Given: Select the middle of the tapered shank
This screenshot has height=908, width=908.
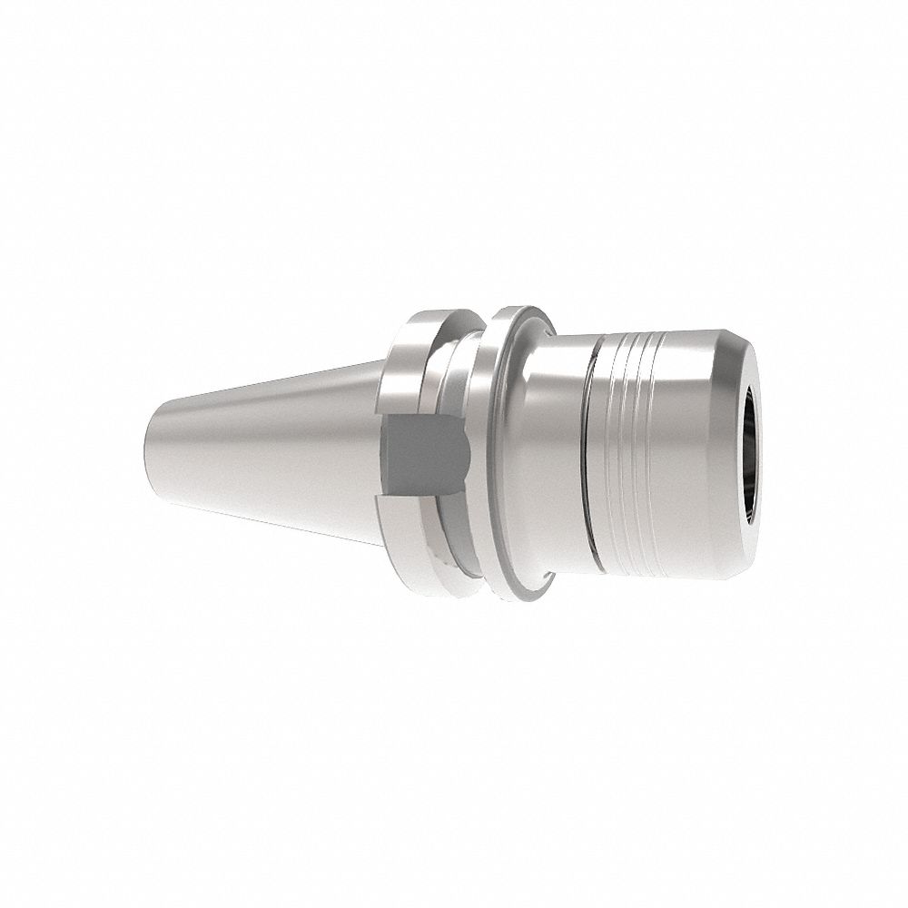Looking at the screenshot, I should [272, 445].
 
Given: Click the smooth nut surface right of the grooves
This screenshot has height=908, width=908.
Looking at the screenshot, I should [690, 454].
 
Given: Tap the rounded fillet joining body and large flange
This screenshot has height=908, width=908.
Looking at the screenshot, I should [540, 345].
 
